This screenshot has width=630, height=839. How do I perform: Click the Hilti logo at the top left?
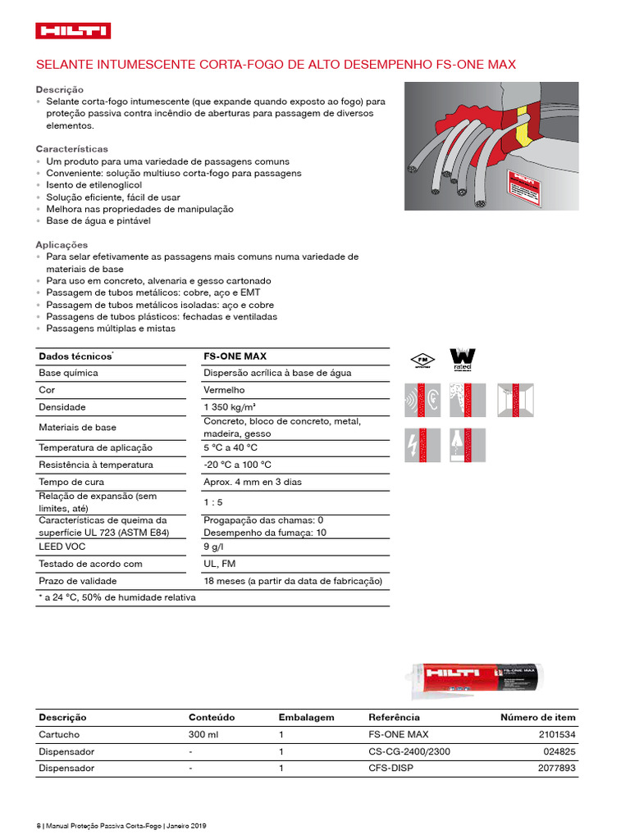pyautogui.click(x=73, y=31)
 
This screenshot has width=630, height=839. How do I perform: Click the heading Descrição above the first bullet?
pyautogui.click(x=59, y=89)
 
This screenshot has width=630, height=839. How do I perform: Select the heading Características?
pyautogui.click(x=71, y=149)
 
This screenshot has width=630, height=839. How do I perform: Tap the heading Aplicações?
pyautogui.click(x=62, y=245)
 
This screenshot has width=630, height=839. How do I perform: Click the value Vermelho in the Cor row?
pyautogui.click(x=224, y=390)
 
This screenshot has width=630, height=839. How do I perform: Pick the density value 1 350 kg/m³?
pyautogui.click(x=229, y=407)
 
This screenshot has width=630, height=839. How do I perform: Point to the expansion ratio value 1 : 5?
pyautogui.click(x=213, y=501)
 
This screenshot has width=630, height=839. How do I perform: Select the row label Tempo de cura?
pyautogui.click(x=67, y=482)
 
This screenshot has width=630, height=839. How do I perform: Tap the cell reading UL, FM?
pyautogui.click(x=219, y=564)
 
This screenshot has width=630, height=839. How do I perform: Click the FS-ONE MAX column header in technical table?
pyautogui.click(x=235, y=356)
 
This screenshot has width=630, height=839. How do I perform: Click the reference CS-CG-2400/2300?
pyautogui.click(x=409, y=751)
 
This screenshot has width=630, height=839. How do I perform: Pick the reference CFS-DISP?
pyautogui.click(x=390, y=769)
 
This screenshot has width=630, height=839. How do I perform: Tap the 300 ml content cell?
pyautogui.click(x=203, y=735)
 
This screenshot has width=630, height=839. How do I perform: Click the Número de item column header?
pyautogui.click(x=538, y=717)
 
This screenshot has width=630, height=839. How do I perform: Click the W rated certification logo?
pyautogui.click(x=463, y=360)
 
